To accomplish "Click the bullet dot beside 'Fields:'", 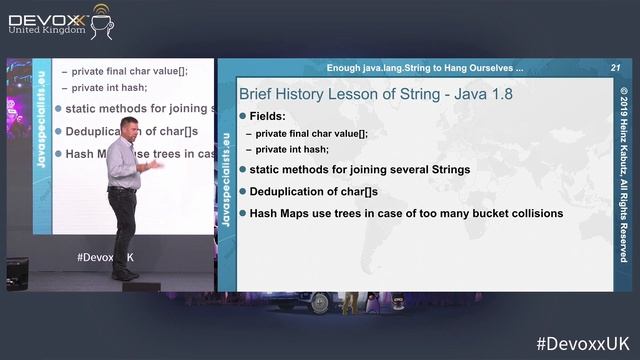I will [x=242, y=117].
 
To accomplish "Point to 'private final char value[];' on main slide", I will [x=311, y=133].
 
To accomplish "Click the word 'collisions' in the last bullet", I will [x=527, y=213].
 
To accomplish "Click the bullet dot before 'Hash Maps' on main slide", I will [x=242, y=213].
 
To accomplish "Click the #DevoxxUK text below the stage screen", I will [x=106, y=257].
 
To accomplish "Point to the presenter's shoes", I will [x=124, y=274].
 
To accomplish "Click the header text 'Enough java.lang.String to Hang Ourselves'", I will [x=424, y=68].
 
